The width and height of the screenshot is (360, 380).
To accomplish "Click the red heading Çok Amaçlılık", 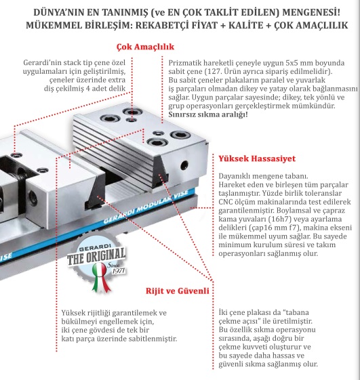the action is coord(145,47).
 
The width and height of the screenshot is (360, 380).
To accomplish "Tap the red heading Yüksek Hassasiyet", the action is coord(257,159).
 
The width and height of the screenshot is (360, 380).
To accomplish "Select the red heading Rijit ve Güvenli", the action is coord(178,291).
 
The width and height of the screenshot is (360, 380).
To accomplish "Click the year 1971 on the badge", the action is coord(119,270).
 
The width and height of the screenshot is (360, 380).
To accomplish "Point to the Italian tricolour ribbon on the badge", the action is coord(100,276).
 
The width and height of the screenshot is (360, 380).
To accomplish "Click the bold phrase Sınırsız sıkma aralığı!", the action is coord(208,114).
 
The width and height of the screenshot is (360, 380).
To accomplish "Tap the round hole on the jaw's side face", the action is coord(184,165).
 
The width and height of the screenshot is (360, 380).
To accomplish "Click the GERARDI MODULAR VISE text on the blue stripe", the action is coord(146,207).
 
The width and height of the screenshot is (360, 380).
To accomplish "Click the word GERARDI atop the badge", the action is coord(95,249).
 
